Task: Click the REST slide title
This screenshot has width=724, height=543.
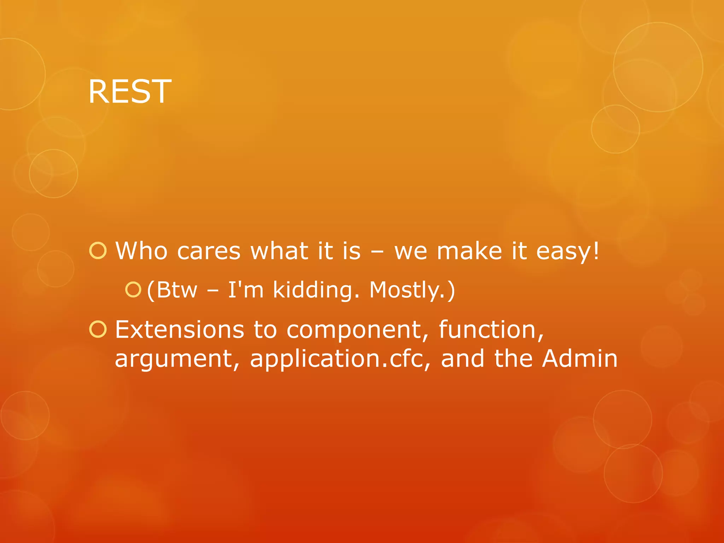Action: (x=130, y=92)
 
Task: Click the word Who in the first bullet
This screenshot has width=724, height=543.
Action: (x=141, y=251)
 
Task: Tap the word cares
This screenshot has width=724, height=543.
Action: (x=209, y=252)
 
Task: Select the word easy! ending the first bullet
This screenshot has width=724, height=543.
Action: (x=568, y=252)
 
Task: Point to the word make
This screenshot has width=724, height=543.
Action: (x=469, y=251)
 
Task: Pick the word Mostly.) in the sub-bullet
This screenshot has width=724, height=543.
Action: (x=412, y=291)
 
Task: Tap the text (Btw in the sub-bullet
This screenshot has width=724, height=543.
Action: (x=172, y=290)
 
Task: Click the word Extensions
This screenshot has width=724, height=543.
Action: (x=179, y=329)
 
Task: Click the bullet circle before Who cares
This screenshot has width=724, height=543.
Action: (x=98, y=251)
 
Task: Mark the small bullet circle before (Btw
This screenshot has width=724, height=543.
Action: (x=133, y=290)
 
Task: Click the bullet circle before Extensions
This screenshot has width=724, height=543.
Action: (x=98, y=329)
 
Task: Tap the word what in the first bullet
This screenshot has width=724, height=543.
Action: (x=279, y=251)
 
